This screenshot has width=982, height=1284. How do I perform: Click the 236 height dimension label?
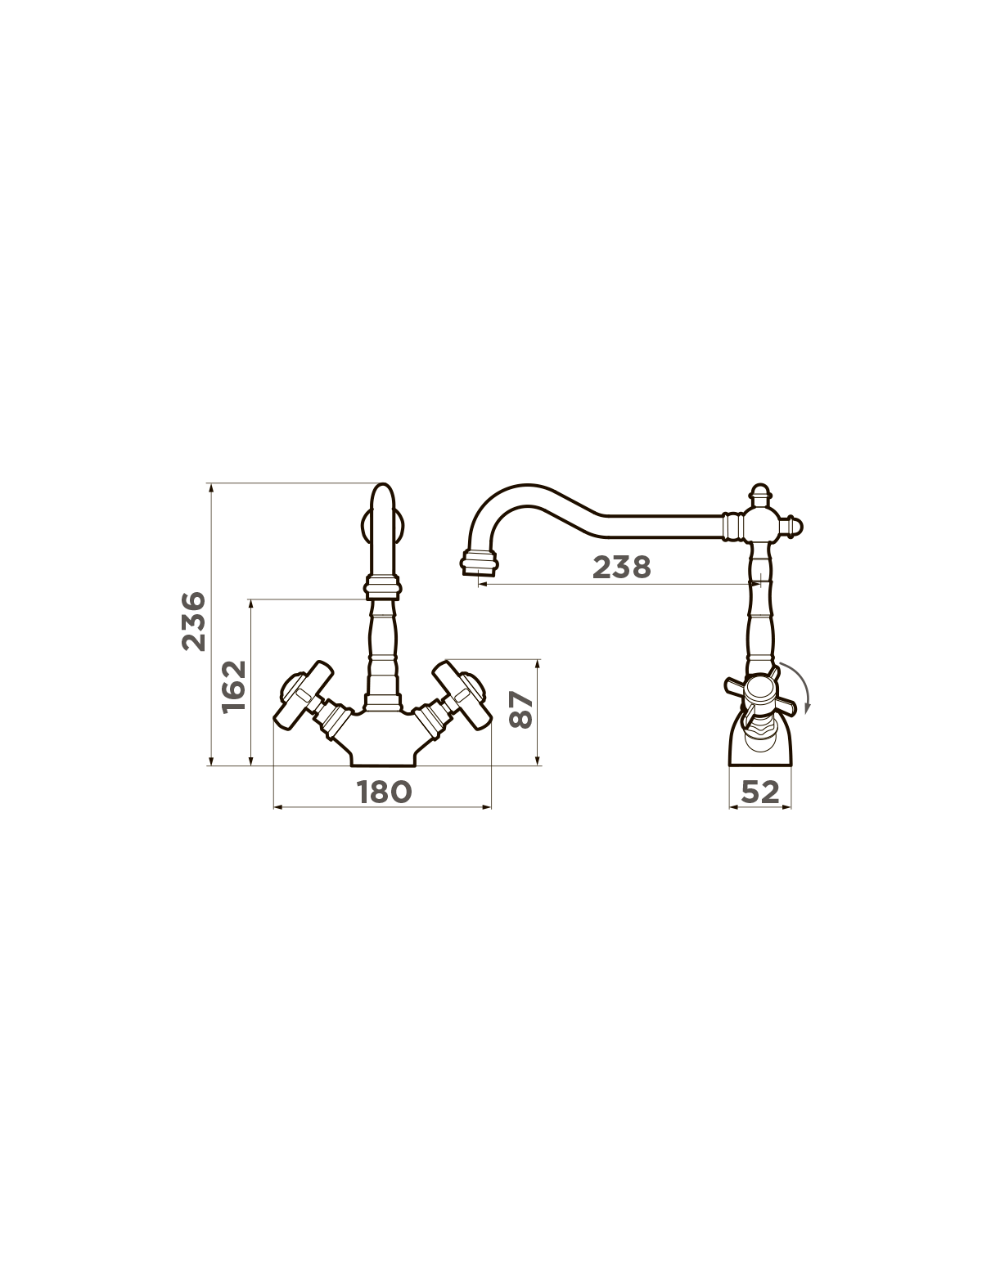(x=194, y=622)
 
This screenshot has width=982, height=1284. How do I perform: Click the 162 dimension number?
(x=234, y=686)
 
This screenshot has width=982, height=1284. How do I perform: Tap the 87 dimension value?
(x=520, y=710)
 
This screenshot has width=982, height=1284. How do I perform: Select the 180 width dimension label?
(x=385, y=792)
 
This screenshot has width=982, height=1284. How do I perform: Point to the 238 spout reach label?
(x=622, y=567)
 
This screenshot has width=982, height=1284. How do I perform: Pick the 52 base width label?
(x=760, y=792)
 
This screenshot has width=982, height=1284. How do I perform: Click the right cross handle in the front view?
(x=462, y=695)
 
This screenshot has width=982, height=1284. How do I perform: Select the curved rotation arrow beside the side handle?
(x=802, y=688)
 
